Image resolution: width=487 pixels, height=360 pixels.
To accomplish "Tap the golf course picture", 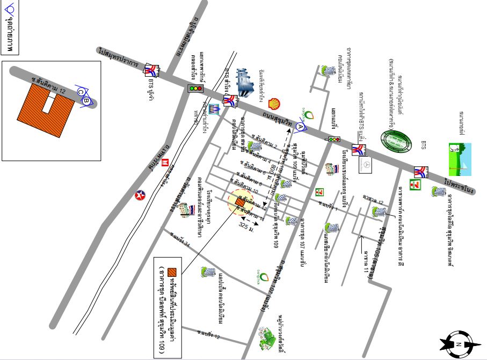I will click(460, 159).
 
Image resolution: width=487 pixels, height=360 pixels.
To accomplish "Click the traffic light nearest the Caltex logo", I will click(195, 89).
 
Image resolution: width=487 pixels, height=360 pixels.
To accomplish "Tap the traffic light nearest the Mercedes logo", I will click(335, 139).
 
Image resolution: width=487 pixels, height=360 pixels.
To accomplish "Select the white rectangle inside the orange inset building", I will click(49, 102).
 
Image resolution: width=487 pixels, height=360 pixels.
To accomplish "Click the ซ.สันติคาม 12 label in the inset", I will click(49, 85).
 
